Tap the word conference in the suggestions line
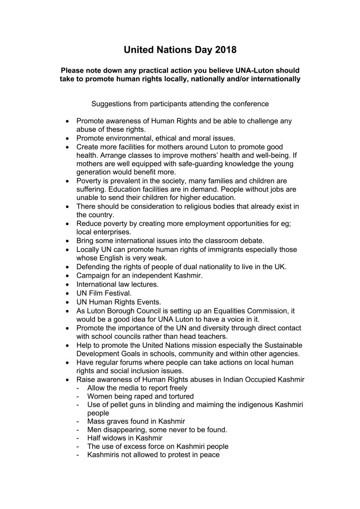[x=250, y=104]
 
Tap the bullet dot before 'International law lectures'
[x=68, y=285]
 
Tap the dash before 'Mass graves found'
[x=78, y=421]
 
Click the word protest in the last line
[x=178, y=455]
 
